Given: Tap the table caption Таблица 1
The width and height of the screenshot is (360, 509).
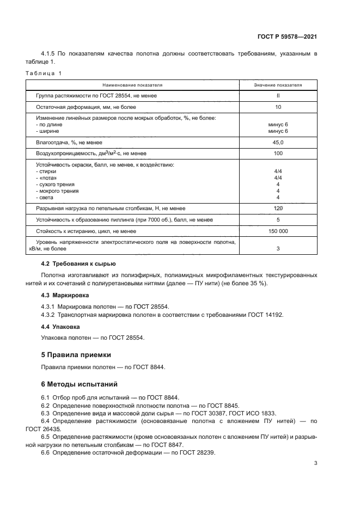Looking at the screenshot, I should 44,73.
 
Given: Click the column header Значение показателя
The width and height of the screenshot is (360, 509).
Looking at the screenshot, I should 278,85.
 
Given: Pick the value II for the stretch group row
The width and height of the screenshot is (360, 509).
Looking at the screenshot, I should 278,96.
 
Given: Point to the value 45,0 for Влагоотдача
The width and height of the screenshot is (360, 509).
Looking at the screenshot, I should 278,142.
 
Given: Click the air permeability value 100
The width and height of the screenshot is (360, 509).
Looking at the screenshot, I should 278,154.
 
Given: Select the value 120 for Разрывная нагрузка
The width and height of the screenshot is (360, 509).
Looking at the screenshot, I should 278,208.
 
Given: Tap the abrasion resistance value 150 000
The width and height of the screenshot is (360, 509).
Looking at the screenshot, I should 278,231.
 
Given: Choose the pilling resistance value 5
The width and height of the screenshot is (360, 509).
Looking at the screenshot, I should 278,220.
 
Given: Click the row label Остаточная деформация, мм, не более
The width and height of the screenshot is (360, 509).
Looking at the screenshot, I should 86,107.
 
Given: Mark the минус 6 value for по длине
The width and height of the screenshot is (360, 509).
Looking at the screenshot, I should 278,125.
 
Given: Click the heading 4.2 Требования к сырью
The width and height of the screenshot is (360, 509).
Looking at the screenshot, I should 78,263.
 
